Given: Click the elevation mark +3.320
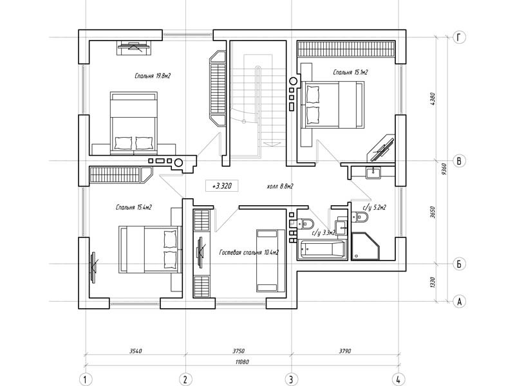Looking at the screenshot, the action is (x=222, y=186).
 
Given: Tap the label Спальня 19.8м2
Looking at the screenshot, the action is (x=153, y=76).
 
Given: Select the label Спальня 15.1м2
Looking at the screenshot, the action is (x=350, y=72).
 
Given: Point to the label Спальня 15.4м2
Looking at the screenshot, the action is (x=134, y=207).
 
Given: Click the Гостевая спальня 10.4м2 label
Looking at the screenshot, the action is (x=249, y=252).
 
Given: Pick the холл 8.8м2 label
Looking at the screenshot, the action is (x=280, y=187).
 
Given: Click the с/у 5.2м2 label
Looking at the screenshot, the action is (x=375, y=207).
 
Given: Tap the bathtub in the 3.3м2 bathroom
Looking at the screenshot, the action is (x=322, y=250).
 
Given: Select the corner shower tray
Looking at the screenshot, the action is (x=366, y=246).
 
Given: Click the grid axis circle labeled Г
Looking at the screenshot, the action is (x=459, y=37).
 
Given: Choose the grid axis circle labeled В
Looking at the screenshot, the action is (x=459, y=161).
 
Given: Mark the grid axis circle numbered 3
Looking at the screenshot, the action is (x=291, y=380).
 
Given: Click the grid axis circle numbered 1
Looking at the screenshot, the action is (x=86, y=380).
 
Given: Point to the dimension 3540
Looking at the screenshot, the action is (x=135, y=351).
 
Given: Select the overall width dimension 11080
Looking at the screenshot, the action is (x=243, y=362).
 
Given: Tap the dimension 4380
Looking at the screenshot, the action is (x=433, y=99).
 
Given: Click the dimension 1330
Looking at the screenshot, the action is (x=433, y=282).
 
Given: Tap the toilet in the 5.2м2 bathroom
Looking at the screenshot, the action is (x=359, y=217).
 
